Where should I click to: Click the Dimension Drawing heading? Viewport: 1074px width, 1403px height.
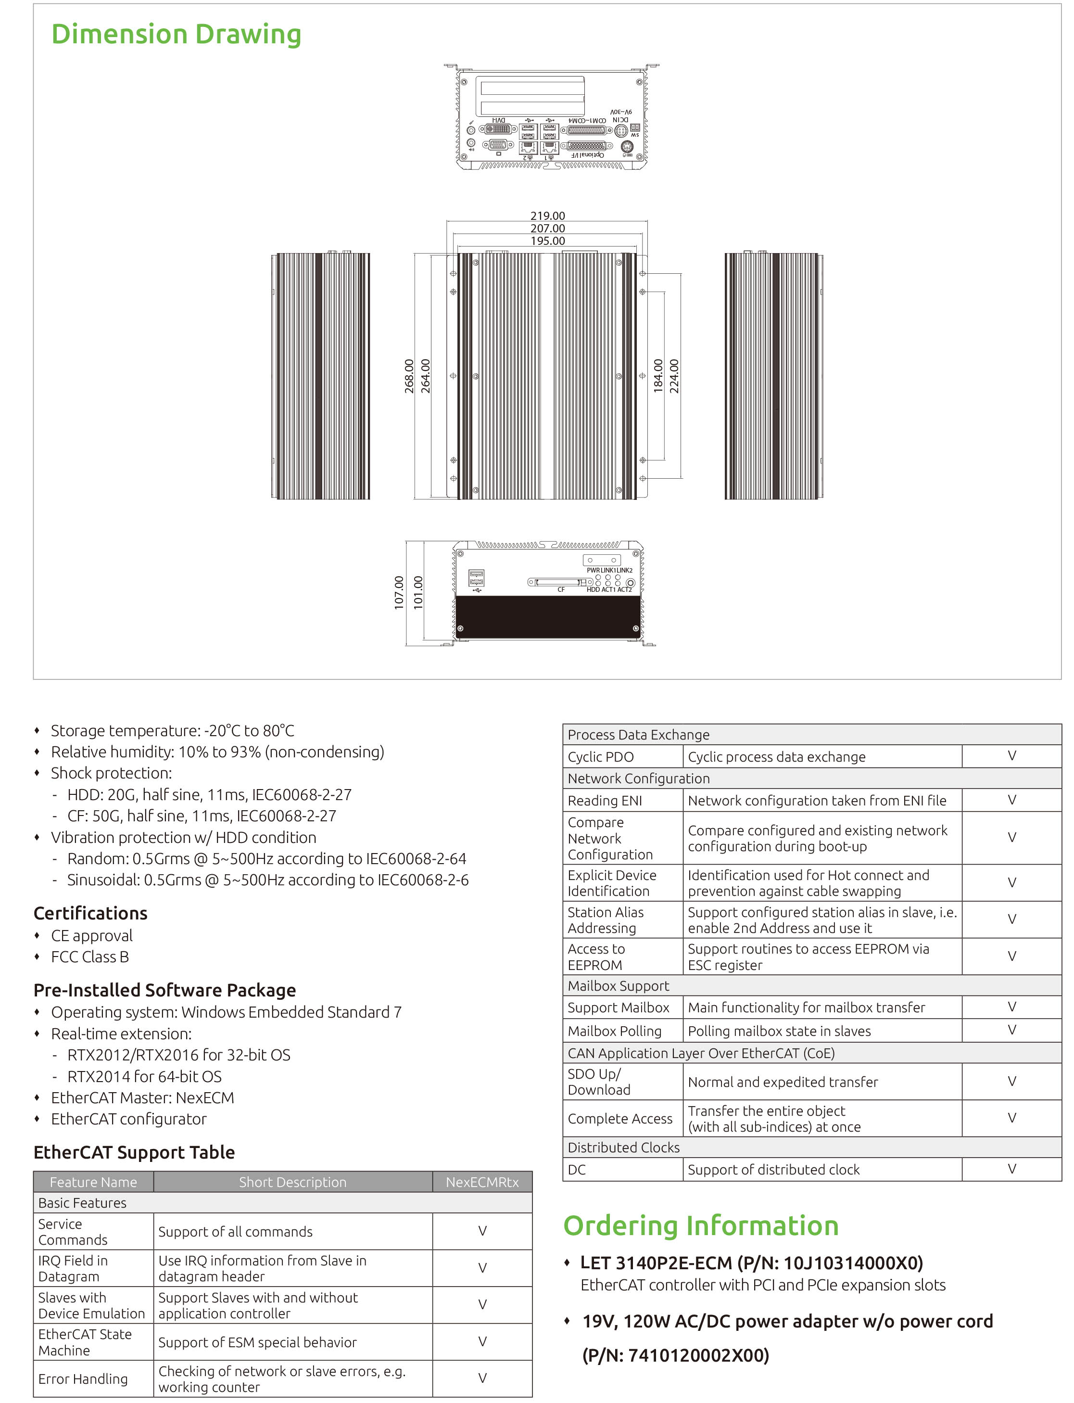pyautogui.click(x=176, y=35)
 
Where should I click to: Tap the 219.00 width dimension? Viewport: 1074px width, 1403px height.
pyautogui.click(x=548, y=216)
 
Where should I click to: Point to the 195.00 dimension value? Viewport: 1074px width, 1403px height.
pyautogui.click(x=548, y=241)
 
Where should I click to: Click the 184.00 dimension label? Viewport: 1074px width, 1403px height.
pyautogui.click(x=658, y=376)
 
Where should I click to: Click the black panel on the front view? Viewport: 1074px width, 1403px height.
pyautogui.click(x=548, y=617)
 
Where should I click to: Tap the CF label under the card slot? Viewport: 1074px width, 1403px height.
pyautogui.click(x=561, y=589)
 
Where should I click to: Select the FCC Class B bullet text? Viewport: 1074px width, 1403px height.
pyautogui.click(x=90, y=957)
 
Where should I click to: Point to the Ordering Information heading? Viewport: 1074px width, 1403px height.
pyautogui.click(x=701, y=1225)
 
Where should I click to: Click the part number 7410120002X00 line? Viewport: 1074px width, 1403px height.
pyautogui.click(x=676, y=1355)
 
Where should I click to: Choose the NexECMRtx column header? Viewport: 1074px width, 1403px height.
pyautogui.click(x=482, y=1182)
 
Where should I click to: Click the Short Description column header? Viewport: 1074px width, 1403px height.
pyautogui.click(x=293, y=1182)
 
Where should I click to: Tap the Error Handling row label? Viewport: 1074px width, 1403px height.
pyautogui.click(x=83, y=1378)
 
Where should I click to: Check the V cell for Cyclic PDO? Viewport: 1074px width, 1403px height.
pyautogui.click(x=1011, y=756)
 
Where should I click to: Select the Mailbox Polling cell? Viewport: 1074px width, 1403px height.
pyautogui.click(x=614, y=1031)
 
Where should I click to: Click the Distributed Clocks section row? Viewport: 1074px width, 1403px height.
pyautogui.click(x=623, y=1147)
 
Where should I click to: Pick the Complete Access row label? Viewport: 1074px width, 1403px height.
pyautogui.click(x=620, y=1119)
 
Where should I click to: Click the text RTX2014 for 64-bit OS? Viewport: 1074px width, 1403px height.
pyautogui.click(x=144, y=1076)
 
